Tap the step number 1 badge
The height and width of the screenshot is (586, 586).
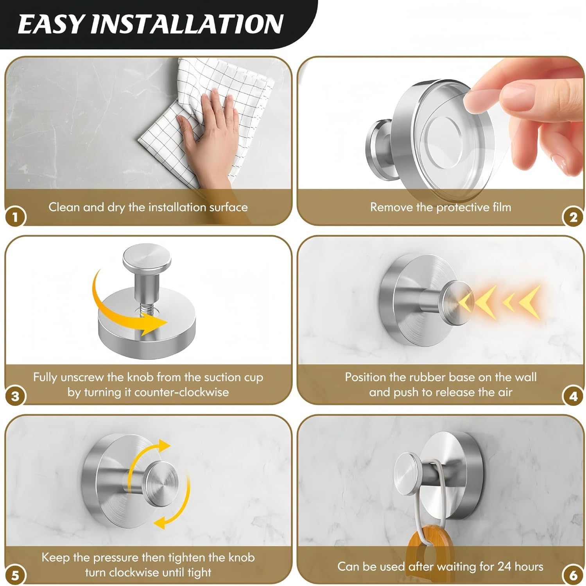[x=15, y=217]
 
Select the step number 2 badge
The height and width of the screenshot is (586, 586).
[x=573, y=217]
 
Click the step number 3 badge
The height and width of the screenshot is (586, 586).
[x=15, y=397]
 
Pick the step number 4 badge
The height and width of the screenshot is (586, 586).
[x=573, y=397]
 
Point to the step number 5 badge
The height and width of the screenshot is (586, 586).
[x=15, y=575]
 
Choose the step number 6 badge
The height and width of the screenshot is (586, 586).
[x=573, y=575]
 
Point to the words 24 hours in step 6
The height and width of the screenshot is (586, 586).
[x=520, y=566]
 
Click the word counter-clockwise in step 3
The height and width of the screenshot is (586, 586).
[x=181, y=392]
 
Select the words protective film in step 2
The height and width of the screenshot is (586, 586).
[x=473, y=207]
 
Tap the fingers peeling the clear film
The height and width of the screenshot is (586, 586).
[x=520, y=94]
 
